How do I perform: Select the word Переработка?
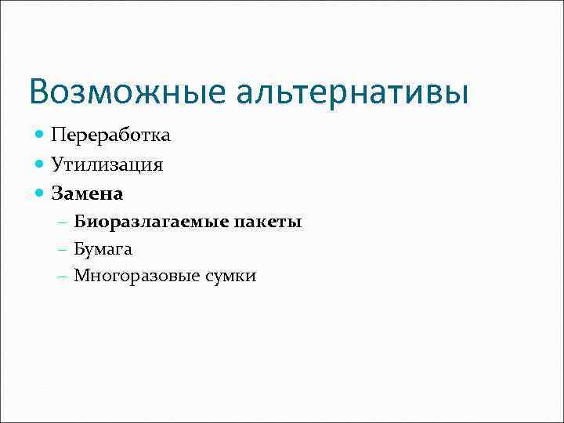[x=110, y=136]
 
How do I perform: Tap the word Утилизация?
[x=107, y=164]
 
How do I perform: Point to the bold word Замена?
[x=87, y=192]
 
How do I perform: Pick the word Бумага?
[x=103, y=249]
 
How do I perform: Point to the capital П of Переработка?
[x=58, y=136]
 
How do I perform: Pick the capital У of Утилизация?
[x=57, y=164]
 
